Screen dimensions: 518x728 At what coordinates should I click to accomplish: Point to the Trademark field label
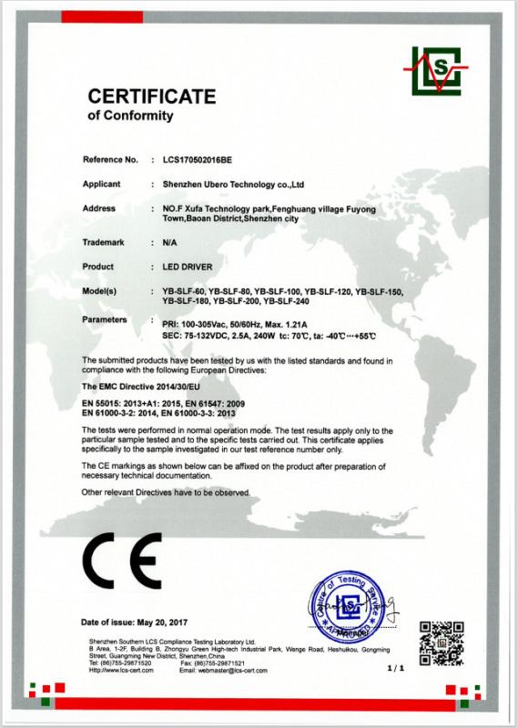tap(103, 244)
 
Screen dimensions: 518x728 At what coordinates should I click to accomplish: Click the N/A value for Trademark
tap(169, 244)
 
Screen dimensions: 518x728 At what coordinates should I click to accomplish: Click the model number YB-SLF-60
tap(182, 291)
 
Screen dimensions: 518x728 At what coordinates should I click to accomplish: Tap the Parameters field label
tap(106, 321)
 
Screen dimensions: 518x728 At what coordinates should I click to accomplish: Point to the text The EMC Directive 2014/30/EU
tap(142, 387)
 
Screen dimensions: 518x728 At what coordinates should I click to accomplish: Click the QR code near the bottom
tap(441, 641)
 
